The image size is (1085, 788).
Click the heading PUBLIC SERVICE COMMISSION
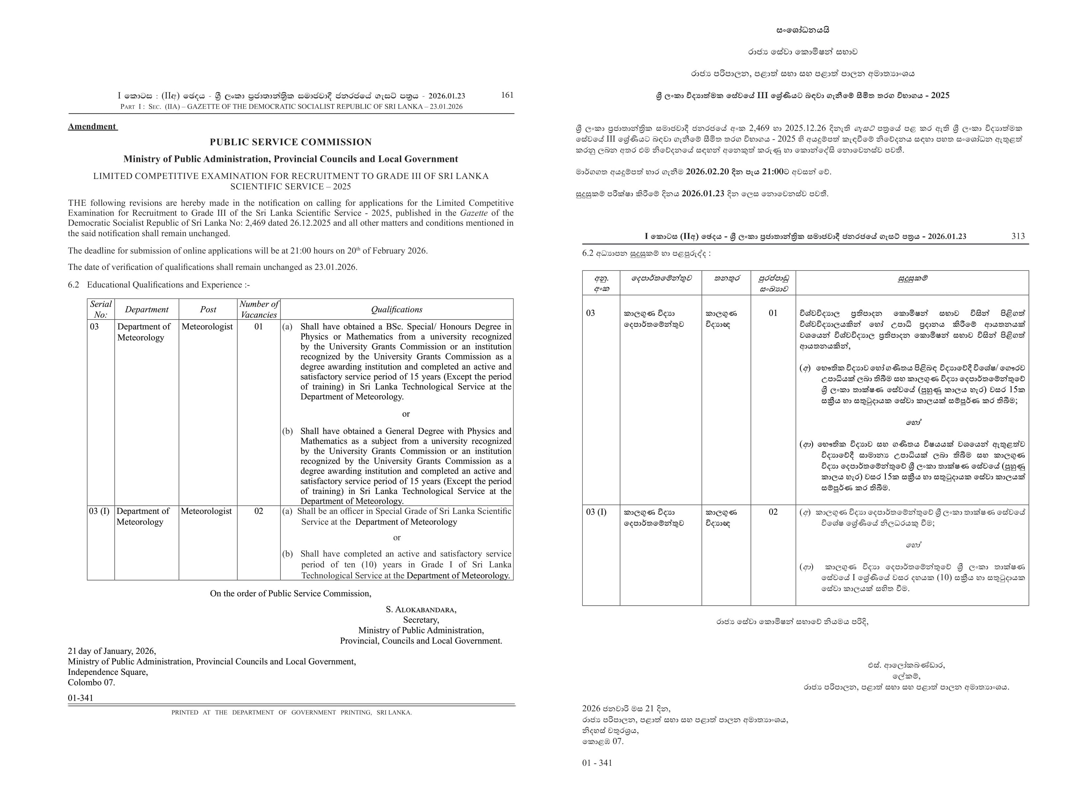290,142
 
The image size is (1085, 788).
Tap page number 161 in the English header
507,95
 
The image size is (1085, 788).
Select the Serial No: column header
100,309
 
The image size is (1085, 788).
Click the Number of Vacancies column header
258,309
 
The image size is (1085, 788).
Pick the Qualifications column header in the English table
397,309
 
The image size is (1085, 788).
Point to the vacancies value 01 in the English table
258,326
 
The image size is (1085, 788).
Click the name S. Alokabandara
421,609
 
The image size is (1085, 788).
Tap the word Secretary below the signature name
421,620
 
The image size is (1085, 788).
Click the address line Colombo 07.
91,682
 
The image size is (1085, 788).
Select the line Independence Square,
108,672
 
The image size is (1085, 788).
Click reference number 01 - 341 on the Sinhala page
597,762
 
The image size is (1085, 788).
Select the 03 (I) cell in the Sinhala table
596,512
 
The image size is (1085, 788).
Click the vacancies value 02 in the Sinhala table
773,512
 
